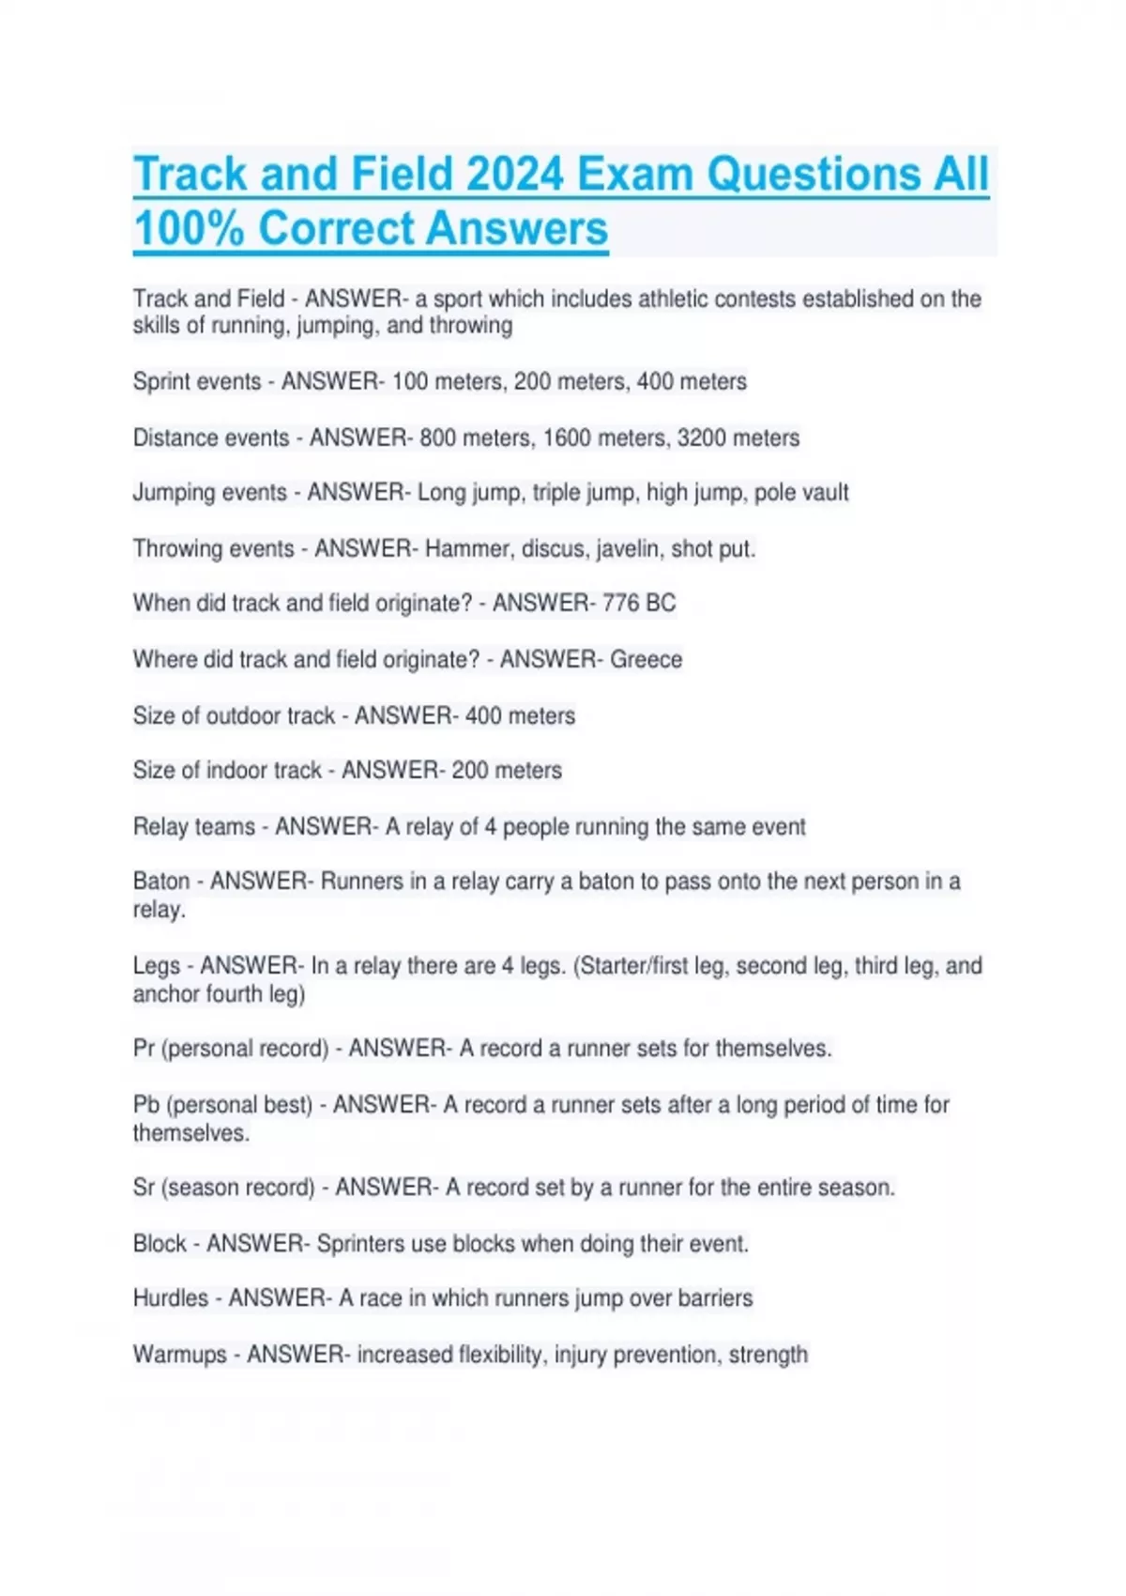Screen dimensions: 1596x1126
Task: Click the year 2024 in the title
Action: click(514, 175)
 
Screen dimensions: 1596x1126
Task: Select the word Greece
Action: click(646, 659)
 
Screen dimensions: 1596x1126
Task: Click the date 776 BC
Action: click(639, 603)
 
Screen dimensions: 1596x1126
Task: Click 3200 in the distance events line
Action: click(700, 437)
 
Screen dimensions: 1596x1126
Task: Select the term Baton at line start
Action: click(161, 881)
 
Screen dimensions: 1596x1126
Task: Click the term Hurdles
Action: click(171, 1297)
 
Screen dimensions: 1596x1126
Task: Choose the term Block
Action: click(160, 1243)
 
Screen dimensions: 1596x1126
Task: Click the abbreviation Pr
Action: click(144, 1048)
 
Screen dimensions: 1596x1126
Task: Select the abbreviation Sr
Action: click(144, 1187)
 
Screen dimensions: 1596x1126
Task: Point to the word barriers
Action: click(715, 1297)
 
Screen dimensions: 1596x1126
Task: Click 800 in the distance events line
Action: click(437, 437)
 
